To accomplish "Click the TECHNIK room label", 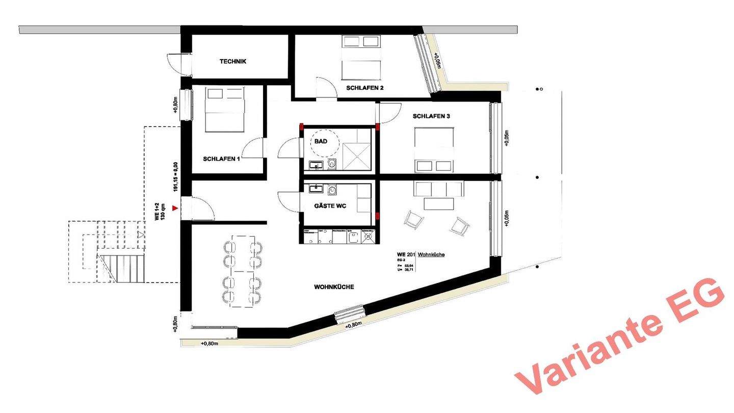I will pyautogui.click(x=233, y=62).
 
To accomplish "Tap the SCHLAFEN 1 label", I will pyautogui.click(x=221, y=159).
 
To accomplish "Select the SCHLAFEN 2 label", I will pyautogui.click(x=364, y=88).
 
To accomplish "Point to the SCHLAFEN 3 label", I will pyautogui.click(x=431, y=116).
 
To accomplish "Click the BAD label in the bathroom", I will pyautogui.click(x=320, y=141).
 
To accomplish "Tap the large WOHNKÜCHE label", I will pyautogui.click(x=334, y=287).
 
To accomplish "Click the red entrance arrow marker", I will pyautogui.click(x=175, y=208).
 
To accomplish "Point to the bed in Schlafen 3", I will pyautogui.click(x=434, y=149).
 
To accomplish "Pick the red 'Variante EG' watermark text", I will pyautogui.click(x=619, y=337).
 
